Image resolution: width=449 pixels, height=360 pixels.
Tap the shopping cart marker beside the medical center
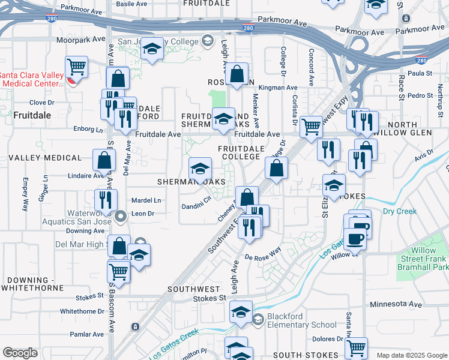click(77, 67)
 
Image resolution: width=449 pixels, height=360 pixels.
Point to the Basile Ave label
click(132, 4)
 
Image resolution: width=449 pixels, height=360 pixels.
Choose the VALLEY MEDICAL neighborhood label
click(45, 158)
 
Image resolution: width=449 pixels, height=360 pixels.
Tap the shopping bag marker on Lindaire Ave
click(104, 160)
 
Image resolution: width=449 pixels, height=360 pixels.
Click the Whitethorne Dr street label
click(82, 311)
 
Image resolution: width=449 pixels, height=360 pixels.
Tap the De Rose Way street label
click(263, 255)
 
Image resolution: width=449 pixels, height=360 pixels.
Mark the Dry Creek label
click(399, 211)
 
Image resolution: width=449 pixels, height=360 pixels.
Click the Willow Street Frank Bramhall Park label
click(429, 259)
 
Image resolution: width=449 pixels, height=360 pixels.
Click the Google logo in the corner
click(20, 353)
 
